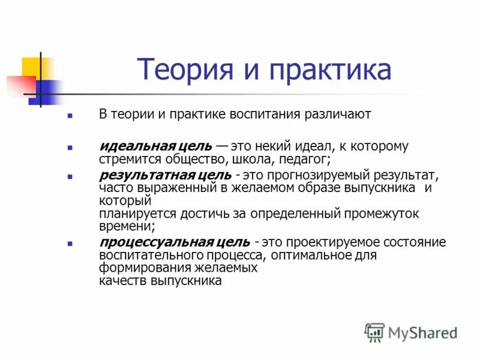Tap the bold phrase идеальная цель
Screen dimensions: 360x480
[155, 146]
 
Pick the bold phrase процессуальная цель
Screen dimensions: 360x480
[175, 242]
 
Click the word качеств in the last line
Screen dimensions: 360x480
[123, 280]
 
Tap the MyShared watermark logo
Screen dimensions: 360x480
[412, 332]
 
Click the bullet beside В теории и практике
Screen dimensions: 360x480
[71, 115]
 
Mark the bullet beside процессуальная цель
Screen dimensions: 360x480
[71, 244]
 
